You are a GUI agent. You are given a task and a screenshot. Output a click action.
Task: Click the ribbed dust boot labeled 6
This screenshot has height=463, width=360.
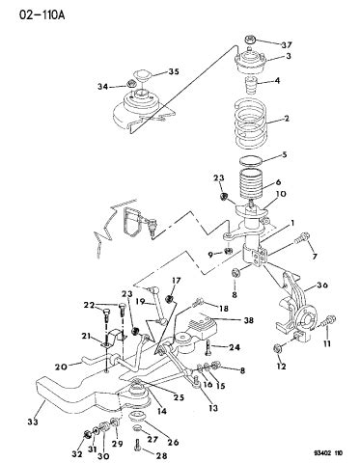coord(254,185)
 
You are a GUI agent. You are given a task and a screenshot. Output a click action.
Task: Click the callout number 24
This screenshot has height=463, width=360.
coord(235,348)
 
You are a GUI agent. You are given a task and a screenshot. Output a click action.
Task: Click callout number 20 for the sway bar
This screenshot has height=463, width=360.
coord(60,366)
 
